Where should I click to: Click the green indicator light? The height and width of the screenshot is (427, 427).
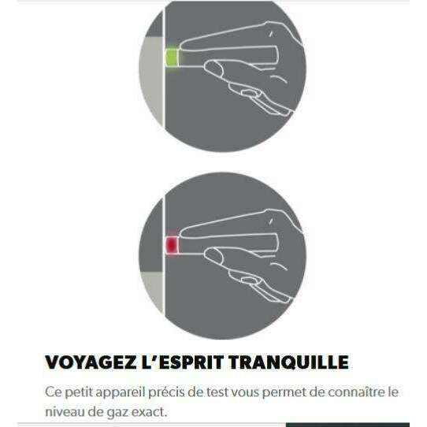point(172,58)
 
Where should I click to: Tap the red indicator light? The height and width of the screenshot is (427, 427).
point(172,245)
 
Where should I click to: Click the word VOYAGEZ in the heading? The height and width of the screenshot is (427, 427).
point(91,362)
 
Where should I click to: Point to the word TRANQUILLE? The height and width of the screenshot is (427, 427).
point(288,362)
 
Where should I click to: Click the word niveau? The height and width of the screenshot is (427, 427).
point(65,412)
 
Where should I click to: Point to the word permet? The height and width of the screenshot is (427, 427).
point(280,392)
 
